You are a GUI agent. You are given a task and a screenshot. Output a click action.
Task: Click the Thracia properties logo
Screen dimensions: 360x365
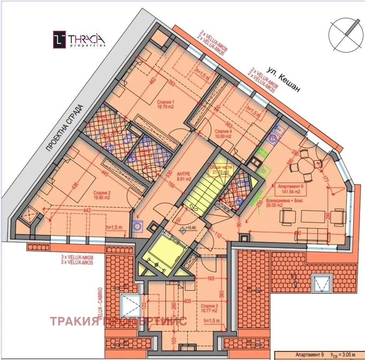(x=79, y=40)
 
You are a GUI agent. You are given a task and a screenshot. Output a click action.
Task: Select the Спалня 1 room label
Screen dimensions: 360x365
(x=166, y=105)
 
